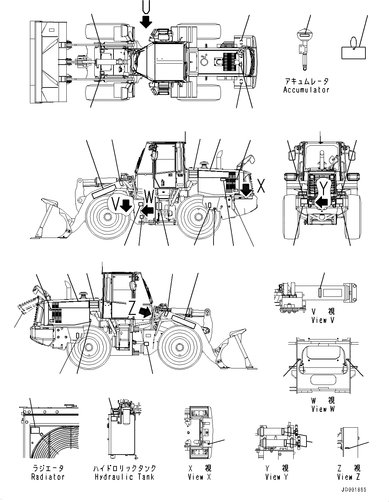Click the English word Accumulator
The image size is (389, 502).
coord(306,90)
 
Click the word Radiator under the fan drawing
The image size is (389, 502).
coord(48,477)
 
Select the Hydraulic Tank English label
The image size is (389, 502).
coord(124,477)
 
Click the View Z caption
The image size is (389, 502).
coord(348,477)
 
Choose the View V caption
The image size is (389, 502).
coord(323,320)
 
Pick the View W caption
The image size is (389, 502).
coord(323,409)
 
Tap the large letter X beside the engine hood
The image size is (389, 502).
coord(260,186)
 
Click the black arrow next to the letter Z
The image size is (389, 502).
coord(145,312)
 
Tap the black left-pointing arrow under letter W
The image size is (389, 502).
coord(148,211)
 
